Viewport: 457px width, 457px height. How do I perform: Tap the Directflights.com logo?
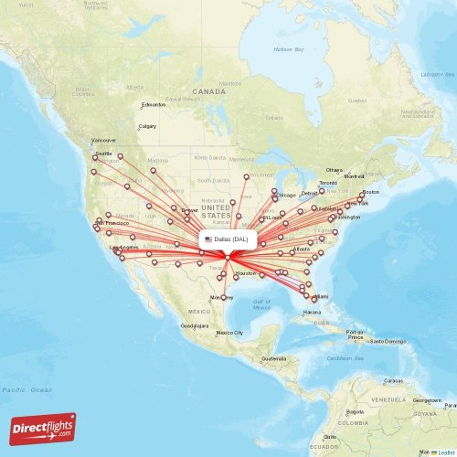coord(43,428)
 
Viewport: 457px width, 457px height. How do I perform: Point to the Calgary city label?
coord(146,126)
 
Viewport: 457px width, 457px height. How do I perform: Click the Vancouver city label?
coord(104,140)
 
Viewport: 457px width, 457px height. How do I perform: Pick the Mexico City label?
coord(228,333)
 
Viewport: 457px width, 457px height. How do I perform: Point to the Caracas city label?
coord(393,379)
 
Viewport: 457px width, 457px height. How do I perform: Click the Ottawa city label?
coord(334,170)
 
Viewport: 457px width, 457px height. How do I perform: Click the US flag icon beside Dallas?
coord(208,239)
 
